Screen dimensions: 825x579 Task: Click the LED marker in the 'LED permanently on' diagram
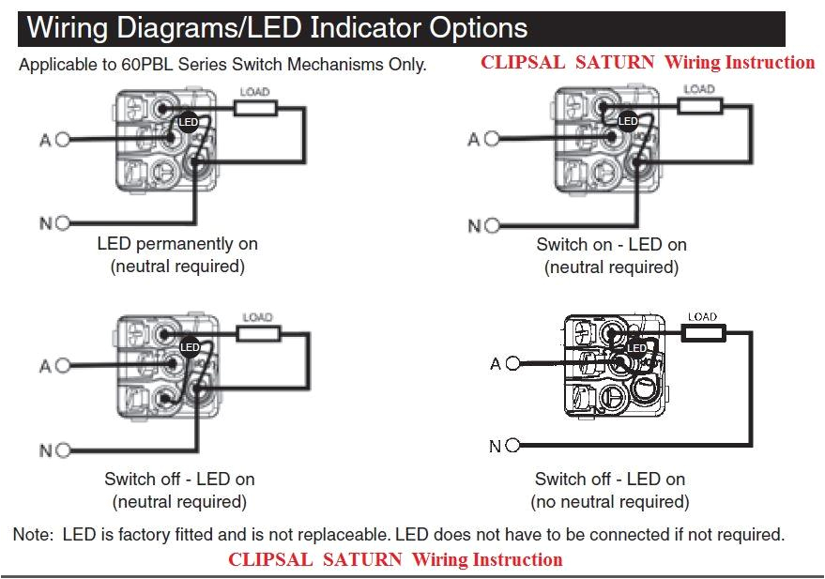[188, 122]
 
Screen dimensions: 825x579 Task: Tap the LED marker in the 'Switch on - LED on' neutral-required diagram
[628, 121]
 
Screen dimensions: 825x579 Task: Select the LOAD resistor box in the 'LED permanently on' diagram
[254, 108]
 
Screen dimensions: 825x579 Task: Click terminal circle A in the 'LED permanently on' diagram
[63, 141]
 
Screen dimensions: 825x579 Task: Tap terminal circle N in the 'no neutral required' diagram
[512, 446]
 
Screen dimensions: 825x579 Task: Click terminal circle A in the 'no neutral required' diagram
[512, 364]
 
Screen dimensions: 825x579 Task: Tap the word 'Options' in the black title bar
[478, 28]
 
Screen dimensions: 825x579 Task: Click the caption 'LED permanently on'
[177, 244]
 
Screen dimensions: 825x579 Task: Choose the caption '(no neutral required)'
[610, 502]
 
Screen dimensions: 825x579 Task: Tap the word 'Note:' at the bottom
[34, 535]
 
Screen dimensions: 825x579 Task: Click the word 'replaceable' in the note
[339, 535]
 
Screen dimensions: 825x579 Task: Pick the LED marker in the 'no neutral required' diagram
[636, 348]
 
